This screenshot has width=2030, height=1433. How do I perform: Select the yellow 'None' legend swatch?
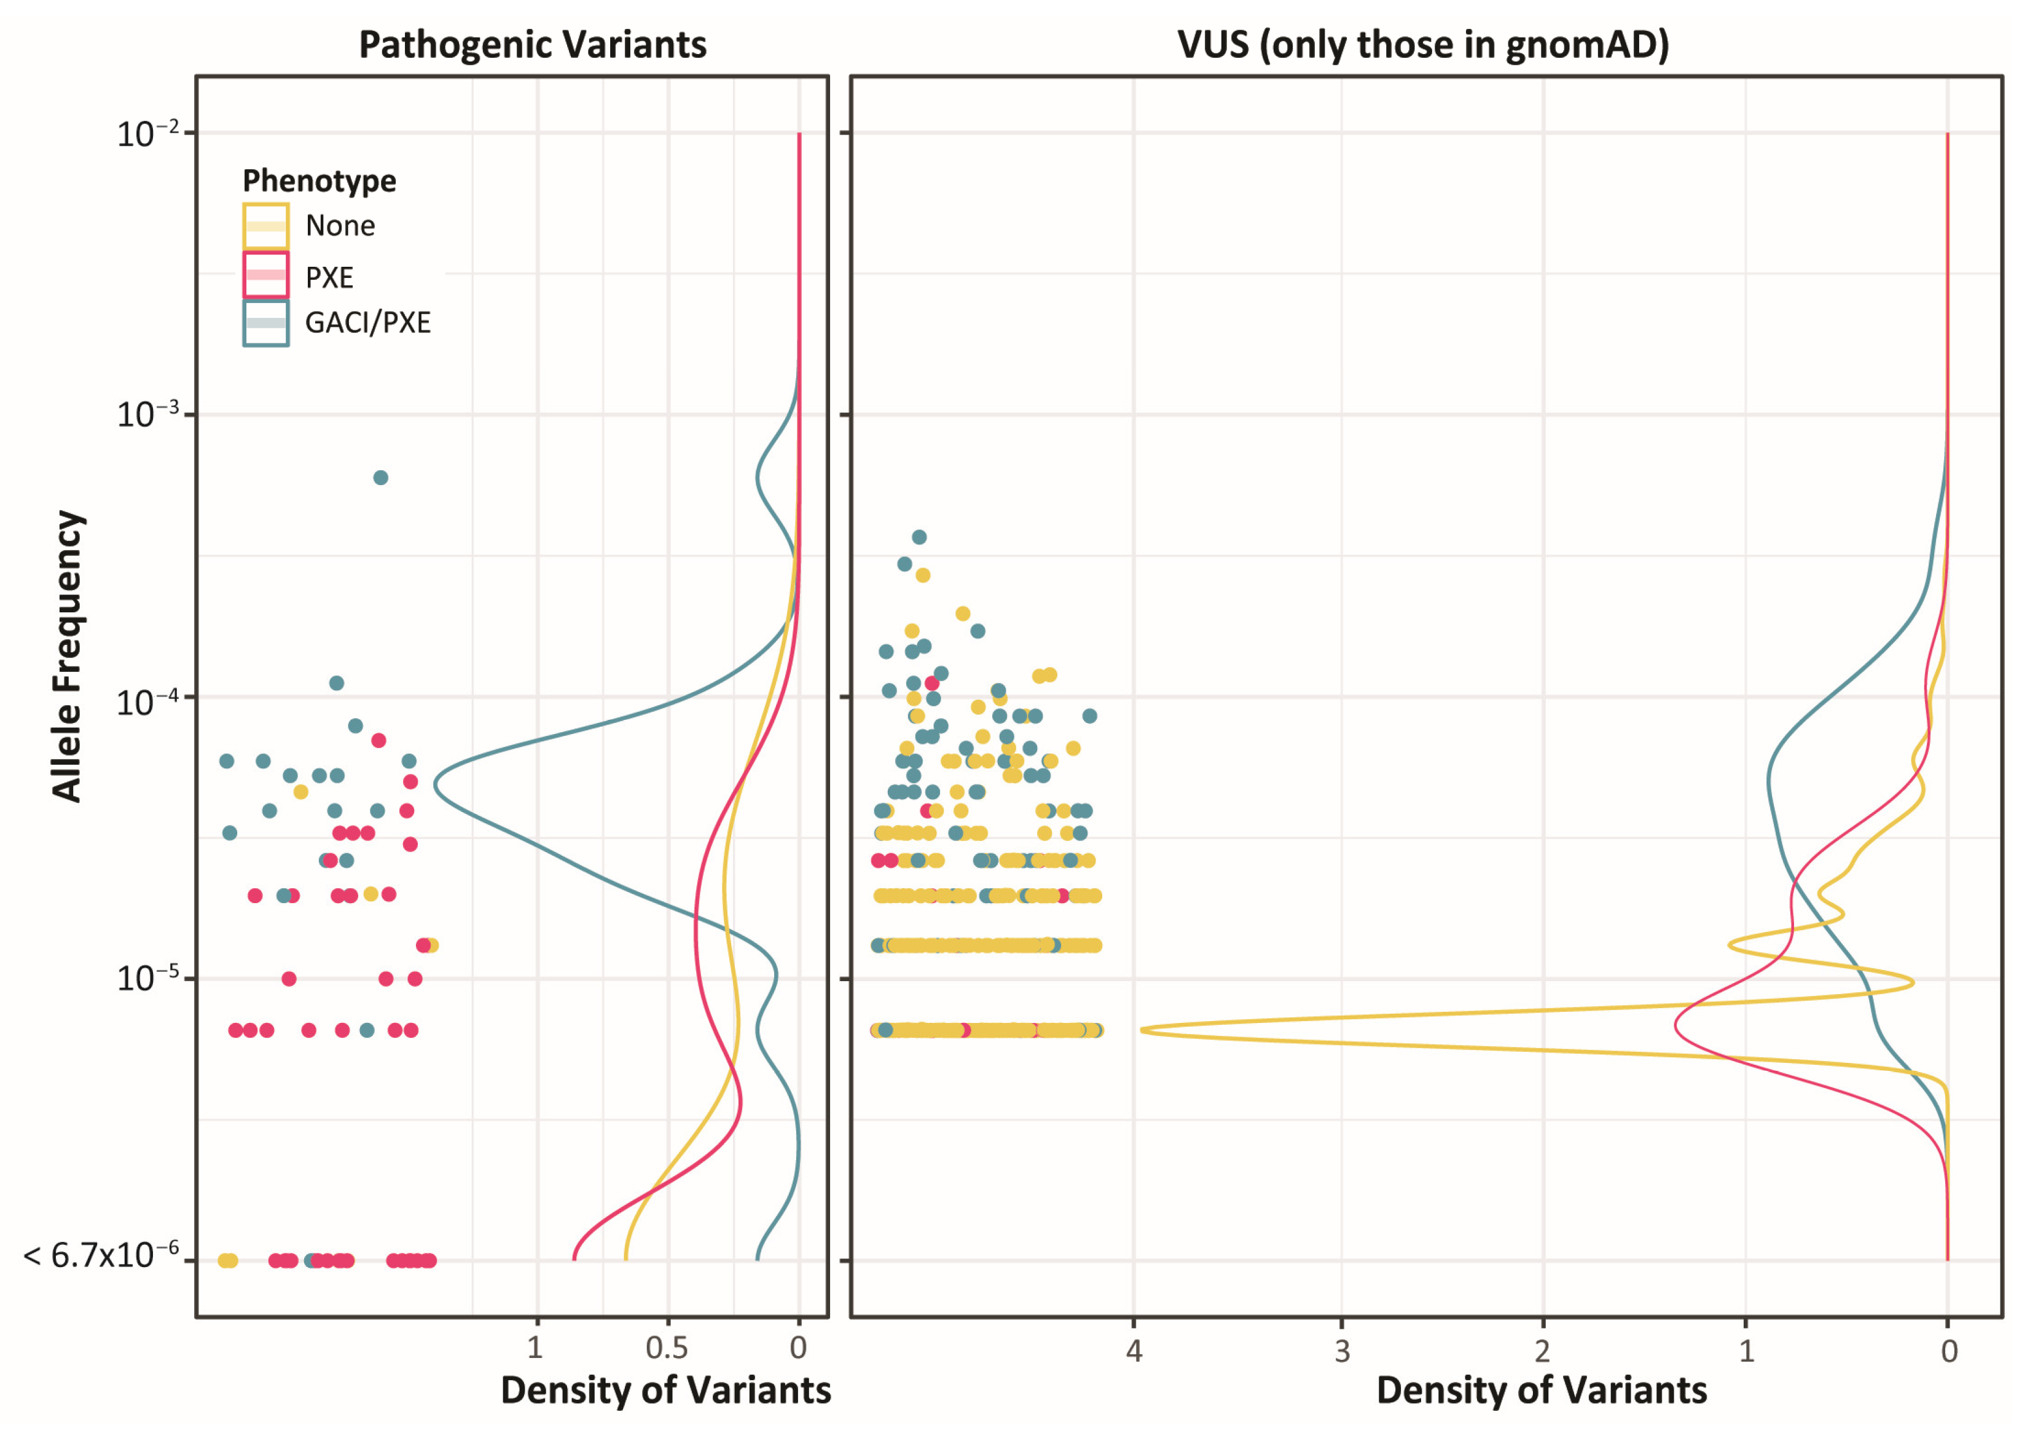coord(265,226)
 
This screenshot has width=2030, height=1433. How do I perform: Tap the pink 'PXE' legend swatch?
coord(265,275)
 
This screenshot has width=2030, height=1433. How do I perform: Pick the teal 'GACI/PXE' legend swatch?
coord(265,323)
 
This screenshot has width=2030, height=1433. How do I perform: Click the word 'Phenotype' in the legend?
coord(319,181)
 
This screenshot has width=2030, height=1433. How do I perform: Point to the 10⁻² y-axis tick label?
coord(147,133)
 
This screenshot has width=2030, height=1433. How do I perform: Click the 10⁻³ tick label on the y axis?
coord(147,414)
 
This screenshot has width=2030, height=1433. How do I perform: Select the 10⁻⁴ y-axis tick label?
coord(147,701)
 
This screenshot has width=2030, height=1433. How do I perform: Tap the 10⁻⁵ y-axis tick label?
coord(147,978)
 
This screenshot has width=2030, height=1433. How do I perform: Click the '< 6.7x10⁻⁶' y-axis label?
coord(101,1255)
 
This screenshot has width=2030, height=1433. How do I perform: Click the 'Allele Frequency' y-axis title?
coord(67,657)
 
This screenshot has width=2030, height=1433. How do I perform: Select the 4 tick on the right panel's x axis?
coord(1134,1351)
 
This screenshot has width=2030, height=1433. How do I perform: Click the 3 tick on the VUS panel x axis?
coord(1342,1351)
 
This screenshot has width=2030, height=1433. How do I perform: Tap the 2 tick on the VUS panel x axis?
coord(1543,1351)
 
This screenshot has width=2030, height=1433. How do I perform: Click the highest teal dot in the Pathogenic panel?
coord(380,478)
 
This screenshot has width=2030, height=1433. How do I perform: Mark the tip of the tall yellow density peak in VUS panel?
coord(1142,1030)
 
